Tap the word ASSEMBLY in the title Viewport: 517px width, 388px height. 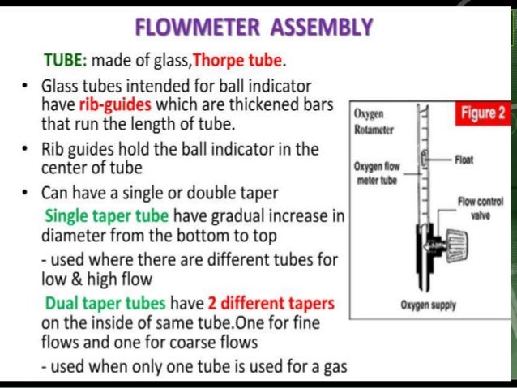pos(321,28)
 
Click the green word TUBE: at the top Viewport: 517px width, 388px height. pos(69,61)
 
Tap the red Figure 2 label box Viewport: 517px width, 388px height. pos(482,113)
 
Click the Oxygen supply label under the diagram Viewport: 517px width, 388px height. pos(428,306)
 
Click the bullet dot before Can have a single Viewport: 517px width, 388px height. pos(27,194)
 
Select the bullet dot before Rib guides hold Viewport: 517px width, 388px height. pos(27,151)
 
